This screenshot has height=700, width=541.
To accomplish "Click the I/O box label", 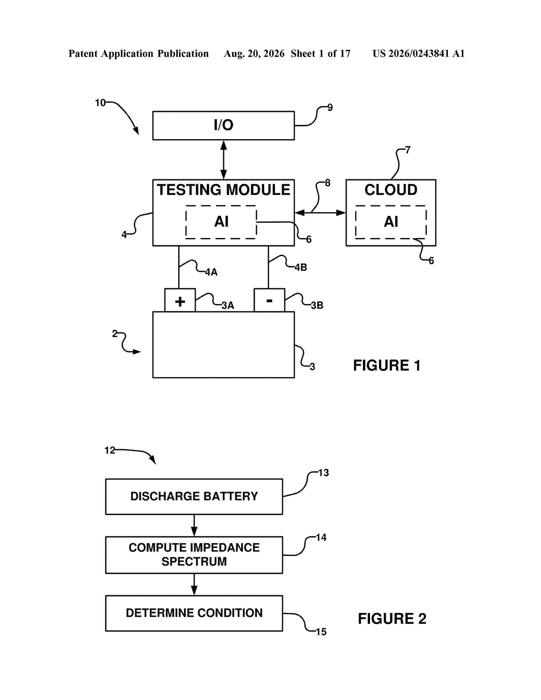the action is click(x=223, y=125).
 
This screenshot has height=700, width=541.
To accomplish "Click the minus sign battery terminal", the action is click(x=269, y=301).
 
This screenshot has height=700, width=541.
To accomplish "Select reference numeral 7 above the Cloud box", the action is click(x=408, y=150).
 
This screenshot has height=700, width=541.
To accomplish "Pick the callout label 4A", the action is click(x=211, y=272).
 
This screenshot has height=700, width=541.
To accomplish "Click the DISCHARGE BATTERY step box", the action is click(x=194, y=497).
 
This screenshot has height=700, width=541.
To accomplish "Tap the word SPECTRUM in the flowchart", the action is click(x=194, y=561).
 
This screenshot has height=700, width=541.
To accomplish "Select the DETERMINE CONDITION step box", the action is click(x=194, y=613).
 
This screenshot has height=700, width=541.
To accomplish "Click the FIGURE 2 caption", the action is click(x=392, y=619).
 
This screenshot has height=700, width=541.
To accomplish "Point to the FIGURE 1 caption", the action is click(x=387, y=365).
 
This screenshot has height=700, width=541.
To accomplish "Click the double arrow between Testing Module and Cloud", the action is click(x=320, y=213).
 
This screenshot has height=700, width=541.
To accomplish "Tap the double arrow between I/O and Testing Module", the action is click(x=224, y=160).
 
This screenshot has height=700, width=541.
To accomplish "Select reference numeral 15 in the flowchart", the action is click(x=321, y=632).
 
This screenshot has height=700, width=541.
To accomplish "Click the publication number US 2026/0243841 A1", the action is click(x=419, y=53).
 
